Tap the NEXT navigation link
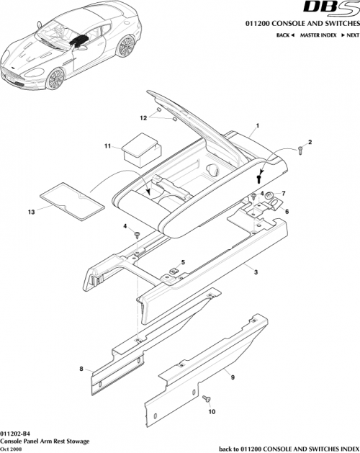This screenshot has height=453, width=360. tap(351, 35)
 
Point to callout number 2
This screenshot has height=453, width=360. tap(310, 142)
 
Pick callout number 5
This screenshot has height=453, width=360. tap(183, 261)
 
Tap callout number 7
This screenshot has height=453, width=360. tap(283, 193)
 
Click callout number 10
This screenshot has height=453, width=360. tap(212, 413)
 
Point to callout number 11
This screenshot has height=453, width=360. tap(107, 146)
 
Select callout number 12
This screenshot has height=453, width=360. tap(143, 117)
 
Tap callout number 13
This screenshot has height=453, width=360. tap(30, 212)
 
